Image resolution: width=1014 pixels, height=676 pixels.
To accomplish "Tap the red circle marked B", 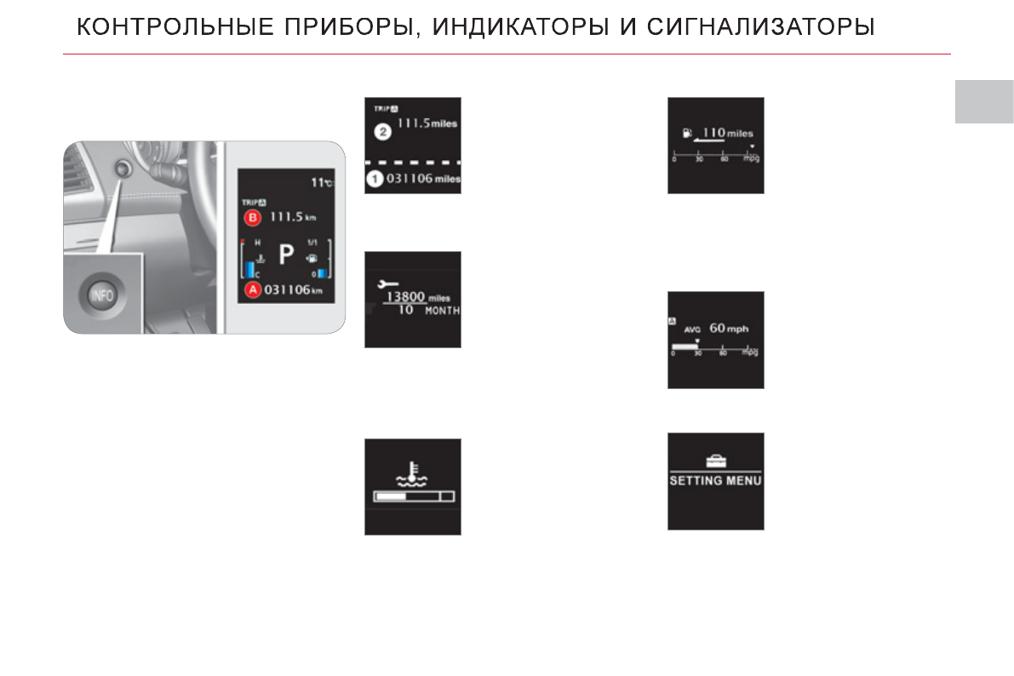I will [252, 218].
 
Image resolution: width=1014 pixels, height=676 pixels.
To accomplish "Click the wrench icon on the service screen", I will [387, 282].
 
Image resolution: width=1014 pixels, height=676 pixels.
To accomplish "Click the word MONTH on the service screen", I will [442, 312].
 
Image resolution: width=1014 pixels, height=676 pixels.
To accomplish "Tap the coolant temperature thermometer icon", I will [412, 473].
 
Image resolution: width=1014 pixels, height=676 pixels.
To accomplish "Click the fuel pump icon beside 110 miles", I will [687, 134].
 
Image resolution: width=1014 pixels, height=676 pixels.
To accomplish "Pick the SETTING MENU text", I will [715, 480].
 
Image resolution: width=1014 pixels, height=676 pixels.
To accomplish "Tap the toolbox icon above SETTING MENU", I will [715, 460].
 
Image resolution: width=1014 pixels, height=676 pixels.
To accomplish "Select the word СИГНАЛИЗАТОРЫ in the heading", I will [760, 28].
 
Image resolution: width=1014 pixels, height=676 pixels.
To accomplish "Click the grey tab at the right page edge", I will [983, 102].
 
